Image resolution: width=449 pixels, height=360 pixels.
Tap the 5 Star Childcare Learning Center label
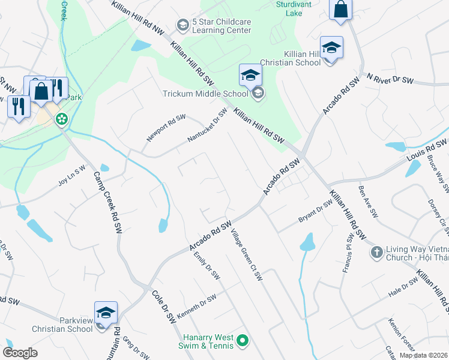pyautogui.click(x=221, y=25)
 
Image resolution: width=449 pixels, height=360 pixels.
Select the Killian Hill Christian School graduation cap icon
pyautogui.click(x=331, y=48)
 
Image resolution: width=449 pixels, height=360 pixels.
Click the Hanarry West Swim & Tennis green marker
pyautogui.click(x=243, y=341)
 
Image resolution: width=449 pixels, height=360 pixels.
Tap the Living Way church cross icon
pyautogui.click(x=376, y=251)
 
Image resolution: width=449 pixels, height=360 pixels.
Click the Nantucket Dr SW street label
pyautogui.click(x=207, y=125)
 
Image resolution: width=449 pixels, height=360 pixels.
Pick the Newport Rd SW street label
pyautogui.click(x=166, y=128)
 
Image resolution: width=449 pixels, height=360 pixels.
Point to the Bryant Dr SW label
pyautogui.click(x=316, y=212)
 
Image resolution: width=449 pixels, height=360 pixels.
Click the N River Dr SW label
pyautogui.click(x=390, y=79)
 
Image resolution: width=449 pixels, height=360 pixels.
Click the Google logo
pyautogui.click(x=20, y=352)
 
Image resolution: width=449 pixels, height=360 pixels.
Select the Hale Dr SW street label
pyautogui.click(x=402, y=290)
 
